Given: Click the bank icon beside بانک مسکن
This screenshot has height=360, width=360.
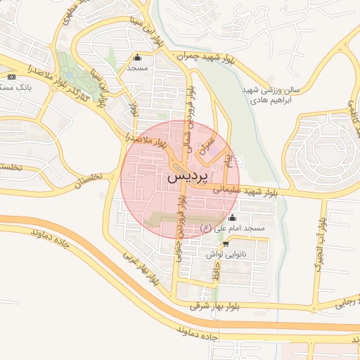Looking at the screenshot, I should pyautogui.click(x=11, y=76).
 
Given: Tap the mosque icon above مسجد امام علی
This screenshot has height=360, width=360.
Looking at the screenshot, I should pyautogui.click(x=233, y=217).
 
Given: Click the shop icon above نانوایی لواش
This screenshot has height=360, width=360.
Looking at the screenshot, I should pyautogui.click(x=225, y=244).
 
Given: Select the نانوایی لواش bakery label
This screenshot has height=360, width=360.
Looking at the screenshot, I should pyautogui.click(x=225, y=254).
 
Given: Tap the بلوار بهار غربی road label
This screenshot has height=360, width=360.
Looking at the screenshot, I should pyautogui.click(x=141, y=268).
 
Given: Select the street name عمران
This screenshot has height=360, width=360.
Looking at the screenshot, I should pyautogui.click(x=206, y=144).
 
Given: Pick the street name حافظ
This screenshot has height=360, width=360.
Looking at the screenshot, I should pyautogui.click(x=218, y=276).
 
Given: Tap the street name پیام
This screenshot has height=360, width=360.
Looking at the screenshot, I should pyautogui.click(x=229, y=158).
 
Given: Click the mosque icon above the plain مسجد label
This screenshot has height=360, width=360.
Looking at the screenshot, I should pyautogui.click(x=136, y=58).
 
